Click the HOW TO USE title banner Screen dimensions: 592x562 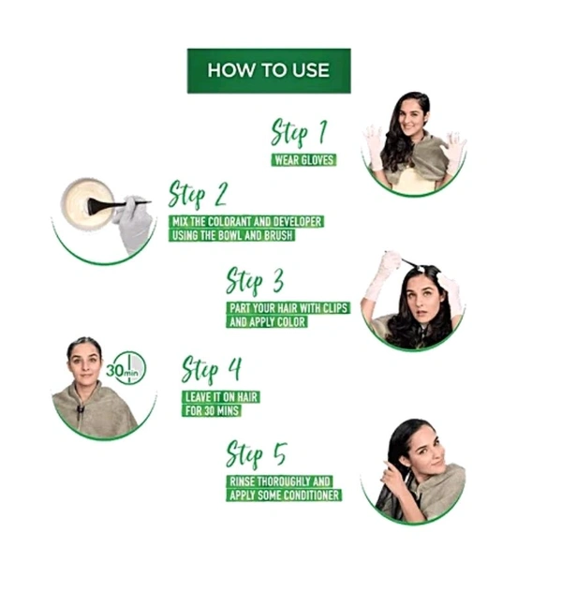[268, 70]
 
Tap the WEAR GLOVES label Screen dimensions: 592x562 [303, 159]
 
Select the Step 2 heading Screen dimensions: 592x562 [199, 194]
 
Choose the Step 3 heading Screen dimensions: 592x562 [256, 280]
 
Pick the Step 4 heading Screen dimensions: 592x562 [212, 369]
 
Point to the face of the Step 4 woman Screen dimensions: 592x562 [83, 363]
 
